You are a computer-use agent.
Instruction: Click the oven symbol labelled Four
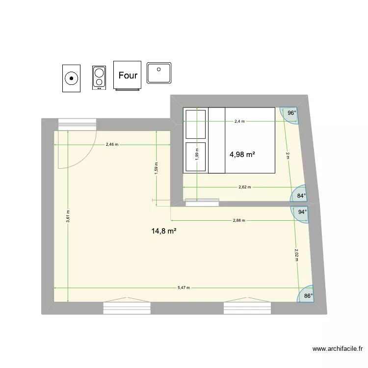coord(128,76)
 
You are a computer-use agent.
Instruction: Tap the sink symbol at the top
coord(159,75)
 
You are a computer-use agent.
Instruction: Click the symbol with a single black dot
coord(72,78)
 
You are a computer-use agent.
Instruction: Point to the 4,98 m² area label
coord(242,155)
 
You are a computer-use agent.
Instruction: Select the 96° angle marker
coord(291,113)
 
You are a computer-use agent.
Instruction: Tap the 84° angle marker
coord(301,195)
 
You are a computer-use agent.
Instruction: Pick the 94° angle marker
coord(302,212)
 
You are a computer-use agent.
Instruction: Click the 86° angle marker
coord(308,296)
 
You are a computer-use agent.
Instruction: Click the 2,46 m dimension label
coord(112,145)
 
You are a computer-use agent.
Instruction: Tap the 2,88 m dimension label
coord(239,221)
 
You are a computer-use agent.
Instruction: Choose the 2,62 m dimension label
coord(244,187)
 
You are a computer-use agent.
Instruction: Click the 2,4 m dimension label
coord(239,121)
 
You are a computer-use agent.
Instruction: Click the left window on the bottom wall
coord(127,308)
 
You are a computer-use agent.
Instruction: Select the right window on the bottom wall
coord(248,308)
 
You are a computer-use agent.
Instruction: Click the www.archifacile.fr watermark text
coord(338,349)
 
